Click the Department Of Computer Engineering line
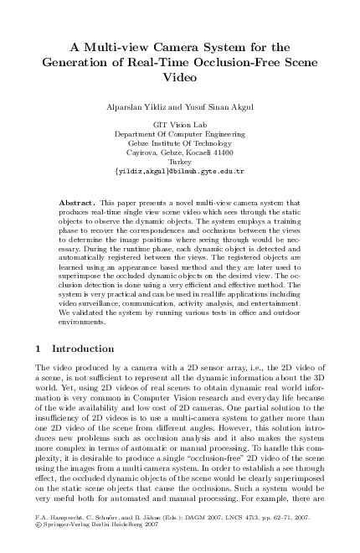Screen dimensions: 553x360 click(x=179, y=134)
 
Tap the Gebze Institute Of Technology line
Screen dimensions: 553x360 click(x=179, y=143)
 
